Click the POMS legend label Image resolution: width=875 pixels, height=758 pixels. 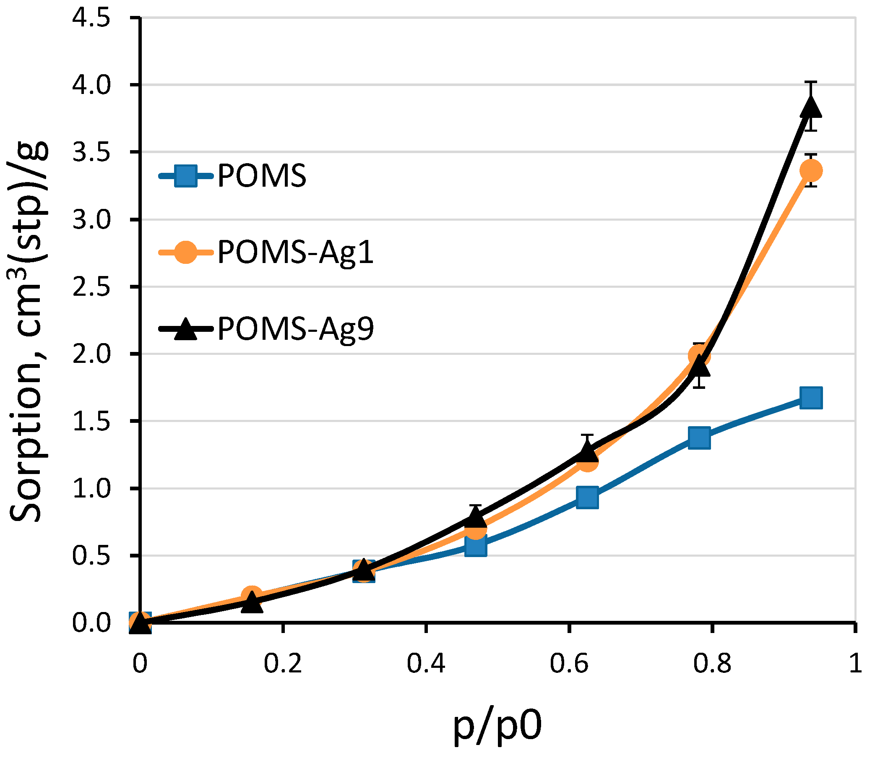[x=261, y=175]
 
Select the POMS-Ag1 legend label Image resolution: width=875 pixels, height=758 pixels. [x=295, y=253]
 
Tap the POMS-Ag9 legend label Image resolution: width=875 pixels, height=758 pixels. [x=295, y=329]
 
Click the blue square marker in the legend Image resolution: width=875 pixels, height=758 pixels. [x=185, y=175]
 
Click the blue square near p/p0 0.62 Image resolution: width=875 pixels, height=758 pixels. [x=587, y=498]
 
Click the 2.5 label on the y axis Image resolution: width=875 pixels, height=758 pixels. [x=91, y=287]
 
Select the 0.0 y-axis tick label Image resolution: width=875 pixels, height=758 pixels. [x=91, y=623]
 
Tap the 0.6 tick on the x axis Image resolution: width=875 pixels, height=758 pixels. [x=569, y=663]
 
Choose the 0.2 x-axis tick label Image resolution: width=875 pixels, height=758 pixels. [x=282, y=663]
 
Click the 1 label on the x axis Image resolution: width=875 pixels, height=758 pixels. [x=855, y=663]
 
